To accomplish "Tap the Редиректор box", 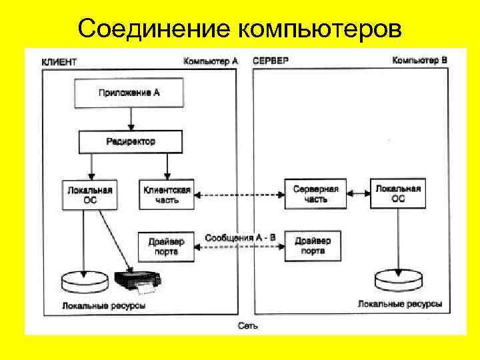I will point(130,141).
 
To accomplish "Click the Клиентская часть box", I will point(167,195).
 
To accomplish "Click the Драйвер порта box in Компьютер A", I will point(167,245).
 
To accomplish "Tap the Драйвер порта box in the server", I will point(312,245).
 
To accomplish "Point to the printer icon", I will point(139,282).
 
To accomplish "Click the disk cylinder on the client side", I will point(82,282).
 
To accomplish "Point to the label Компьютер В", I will point(419,61).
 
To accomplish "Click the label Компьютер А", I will point(211,61).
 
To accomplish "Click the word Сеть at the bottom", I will point(247,326).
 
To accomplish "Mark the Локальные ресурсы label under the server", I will point(399,304).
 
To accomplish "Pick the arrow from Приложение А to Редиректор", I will point(131,119).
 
